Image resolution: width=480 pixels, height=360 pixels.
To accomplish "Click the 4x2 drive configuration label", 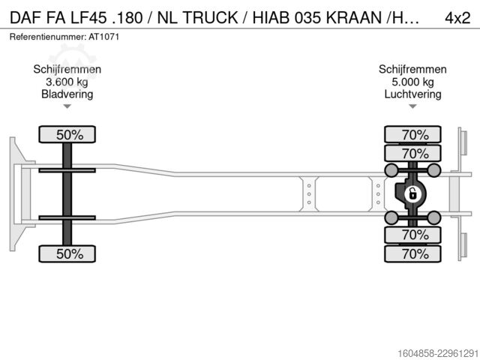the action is [457, 18].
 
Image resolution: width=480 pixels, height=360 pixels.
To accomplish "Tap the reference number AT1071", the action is [103, 37].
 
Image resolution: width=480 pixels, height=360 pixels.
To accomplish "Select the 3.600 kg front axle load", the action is [67, 82].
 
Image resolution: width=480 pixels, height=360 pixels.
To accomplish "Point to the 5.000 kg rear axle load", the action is [412, 82].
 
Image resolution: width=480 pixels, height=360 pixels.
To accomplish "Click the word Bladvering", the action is [67, 94].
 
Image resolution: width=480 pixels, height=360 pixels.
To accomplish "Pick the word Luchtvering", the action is [412, 94].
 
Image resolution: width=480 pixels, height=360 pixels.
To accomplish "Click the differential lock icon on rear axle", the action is [412, 194].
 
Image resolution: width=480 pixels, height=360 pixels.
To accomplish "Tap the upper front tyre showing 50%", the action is [67, 134].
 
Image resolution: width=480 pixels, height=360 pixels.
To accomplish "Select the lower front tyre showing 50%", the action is [67, 253].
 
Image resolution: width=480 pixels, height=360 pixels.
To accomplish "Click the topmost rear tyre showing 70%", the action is [412, 134].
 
